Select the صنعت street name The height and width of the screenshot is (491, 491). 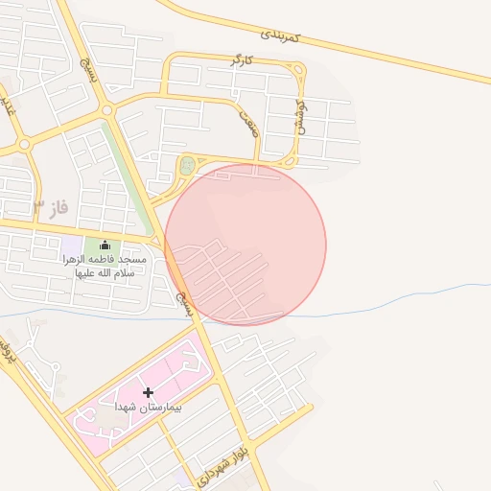pos(249,122)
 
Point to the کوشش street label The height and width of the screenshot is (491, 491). pos(299,116)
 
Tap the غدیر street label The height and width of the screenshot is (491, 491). pos(8,105)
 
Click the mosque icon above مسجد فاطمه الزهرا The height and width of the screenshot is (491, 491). pos(105,245)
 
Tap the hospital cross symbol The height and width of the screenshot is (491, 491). pos(148,392)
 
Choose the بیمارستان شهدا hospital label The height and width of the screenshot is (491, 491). pos(148,408)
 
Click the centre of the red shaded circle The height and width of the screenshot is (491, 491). pos(245,245)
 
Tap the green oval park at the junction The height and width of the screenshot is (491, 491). pos(187,166)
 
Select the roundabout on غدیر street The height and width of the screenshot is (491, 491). pos(24,144)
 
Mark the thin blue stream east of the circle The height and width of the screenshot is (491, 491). pos(403,292)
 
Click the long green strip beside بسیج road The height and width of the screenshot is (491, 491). pos(130,173)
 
